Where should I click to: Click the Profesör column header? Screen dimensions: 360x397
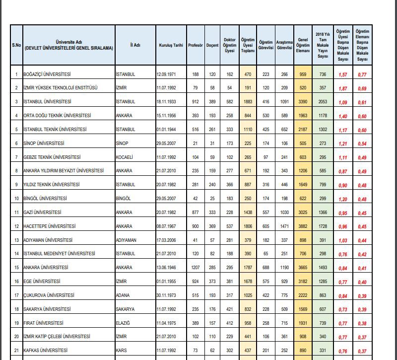(196, 45)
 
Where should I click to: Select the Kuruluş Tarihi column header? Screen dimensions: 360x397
(171, 45)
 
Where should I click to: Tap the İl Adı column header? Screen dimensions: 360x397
(134, 45)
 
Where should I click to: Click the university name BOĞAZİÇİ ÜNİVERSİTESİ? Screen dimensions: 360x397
(47, 74)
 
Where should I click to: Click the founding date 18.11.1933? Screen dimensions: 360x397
(166, 102)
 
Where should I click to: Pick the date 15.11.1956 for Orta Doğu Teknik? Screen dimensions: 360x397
(166, 116)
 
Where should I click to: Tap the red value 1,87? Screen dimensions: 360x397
(342, 88)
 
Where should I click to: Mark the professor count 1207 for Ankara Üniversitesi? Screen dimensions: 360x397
(195, 267)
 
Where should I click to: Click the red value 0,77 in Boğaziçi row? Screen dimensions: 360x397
(362, 74)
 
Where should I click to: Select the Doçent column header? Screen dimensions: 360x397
(212, 45)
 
